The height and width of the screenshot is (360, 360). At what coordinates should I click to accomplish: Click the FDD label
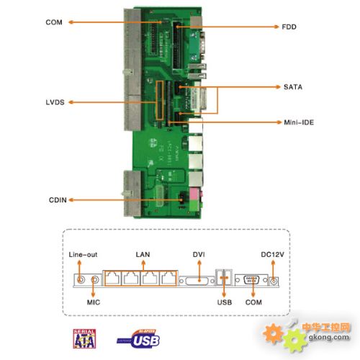coord(289,27)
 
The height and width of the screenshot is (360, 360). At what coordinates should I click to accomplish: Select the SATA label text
coord(292,87)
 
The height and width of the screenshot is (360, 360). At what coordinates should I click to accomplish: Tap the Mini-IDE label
coord(298,122)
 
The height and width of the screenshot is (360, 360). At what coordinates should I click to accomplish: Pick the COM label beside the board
coord(54,22)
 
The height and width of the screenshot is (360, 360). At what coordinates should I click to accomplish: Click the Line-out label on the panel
coord(84,254)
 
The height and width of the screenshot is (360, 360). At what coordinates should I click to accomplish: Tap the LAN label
coord(142,254)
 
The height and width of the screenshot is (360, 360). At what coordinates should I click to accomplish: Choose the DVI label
coord(199,254)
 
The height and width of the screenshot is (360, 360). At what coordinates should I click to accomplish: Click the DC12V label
coord(273,254)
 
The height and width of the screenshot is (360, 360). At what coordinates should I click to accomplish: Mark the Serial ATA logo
coord(85,338)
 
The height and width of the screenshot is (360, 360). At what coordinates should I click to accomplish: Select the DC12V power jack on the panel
coord(274,279)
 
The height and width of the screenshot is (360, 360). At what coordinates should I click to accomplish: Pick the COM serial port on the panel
coord(252,279)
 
